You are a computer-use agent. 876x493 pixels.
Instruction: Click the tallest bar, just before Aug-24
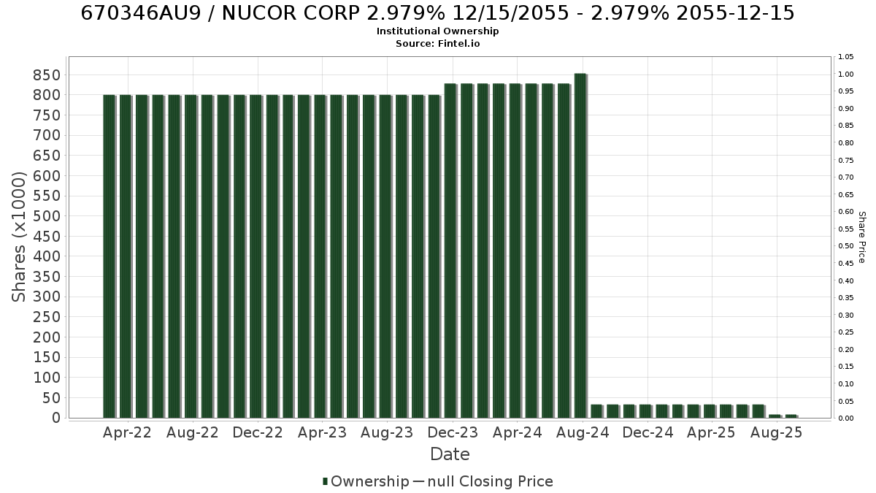[x=580, y=245]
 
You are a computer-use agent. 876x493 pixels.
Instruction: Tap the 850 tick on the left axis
[x=47, y=75]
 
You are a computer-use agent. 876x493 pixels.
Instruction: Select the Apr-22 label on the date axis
[x=127, y=432]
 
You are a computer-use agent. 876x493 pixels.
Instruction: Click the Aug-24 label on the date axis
[x=583, y=432]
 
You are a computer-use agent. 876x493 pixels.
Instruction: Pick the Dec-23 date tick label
[x=453, y=432]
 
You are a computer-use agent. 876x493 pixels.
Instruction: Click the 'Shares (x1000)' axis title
[x=18, y=237]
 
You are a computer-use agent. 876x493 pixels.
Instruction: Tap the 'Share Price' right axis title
[x=862, y=237]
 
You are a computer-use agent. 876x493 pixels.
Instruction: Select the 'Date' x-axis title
[x=450, y=454]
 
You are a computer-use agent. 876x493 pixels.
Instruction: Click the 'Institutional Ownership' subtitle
[x=437, y=31]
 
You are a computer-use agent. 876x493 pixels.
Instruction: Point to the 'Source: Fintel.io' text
[x=437, y=43]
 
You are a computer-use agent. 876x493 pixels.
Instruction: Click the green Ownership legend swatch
[x=325, y=481]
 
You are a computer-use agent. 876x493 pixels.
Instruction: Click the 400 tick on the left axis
[x=47, y=256]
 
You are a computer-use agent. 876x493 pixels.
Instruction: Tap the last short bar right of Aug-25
[x=791, y=416]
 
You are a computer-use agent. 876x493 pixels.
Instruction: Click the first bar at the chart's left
[x=109, y=256]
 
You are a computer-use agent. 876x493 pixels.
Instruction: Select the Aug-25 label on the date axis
[x=776, y=432]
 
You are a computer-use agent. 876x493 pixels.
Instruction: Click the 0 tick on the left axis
[x=57, y=418]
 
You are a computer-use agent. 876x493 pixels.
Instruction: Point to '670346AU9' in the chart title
[x=141, y=13]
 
